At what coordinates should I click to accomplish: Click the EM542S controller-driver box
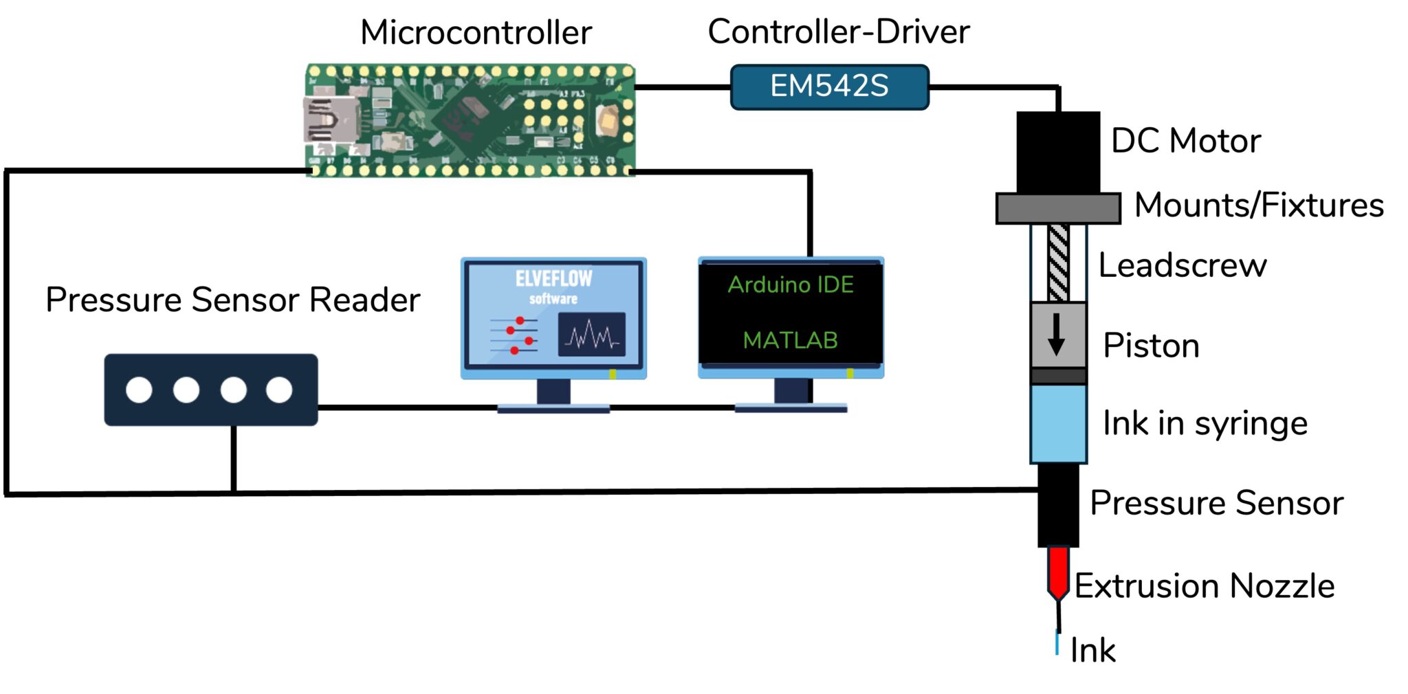[829, 87]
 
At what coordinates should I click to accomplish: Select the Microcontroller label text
[476, 32]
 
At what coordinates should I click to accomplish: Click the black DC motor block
[1057, 153]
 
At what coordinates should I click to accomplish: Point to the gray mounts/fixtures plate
[1057, 208]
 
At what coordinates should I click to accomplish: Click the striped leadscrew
[1058, 262]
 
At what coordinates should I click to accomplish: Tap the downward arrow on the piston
[1057, 335]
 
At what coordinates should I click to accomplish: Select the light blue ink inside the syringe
[1058, 423]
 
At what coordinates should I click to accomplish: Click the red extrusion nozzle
[1058, 570]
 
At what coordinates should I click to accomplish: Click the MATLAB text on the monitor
[790, 340]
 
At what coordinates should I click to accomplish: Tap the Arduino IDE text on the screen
[791, 284]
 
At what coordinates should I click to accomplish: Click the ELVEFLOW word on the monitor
[553, 278]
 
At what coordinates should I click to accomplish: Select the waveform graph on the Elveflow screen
[591, 335]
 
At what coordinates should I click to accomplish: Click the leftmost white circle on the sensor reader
[139, 390]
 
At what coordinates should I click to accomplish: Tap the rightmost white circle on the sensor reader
[279, 390]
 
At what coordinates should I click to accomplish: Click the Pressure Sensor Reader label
[232, 300]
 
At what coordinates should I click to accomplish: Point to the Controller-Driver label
[838, 32]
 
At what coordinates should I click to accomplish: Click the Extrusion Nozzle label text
[1204, 586]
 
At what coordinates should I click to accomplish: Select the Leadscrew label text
[1182, 265]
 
